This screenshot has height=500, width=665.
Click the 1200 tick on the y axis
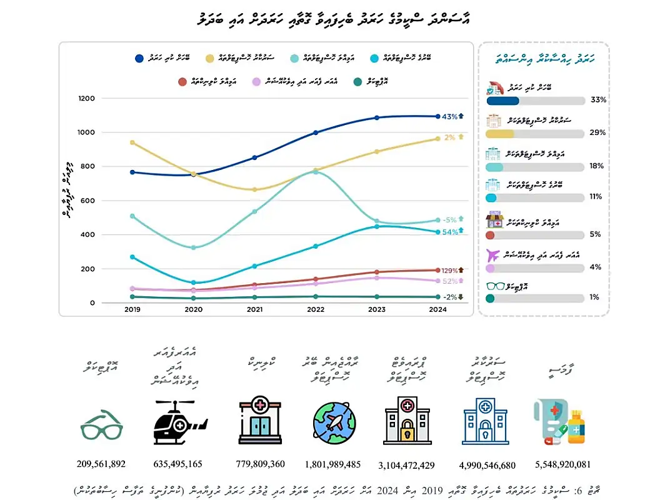tap(86, 98)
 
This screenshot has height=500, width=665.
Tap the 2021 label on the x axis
tap(254, 309)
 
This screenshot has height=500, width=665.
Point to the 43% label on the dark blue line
tap(449, 116)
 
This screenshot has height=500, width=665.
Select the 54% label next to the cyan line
tap(449, 232)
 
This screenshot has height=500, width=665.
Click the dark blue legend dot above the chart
tap(139, 58)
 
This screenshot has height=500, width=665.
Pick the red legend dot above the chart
tap(182, 81)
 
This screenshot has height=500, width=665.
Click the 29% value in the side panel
tap(597, 133)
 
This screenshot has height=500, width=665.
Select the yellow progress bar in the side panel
tap(500, 133)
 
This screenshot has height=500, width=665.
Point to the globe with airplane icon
tap(333, 422)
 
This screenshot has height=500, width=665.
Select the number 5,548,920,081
tap(562, 464)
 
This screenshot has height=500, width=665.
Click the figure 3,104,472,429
tap(406, 465)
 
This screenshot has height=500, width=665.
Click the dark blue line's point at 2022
tap(316, 132)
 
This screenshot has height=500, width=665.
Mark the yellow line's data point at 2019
tap(132, 142)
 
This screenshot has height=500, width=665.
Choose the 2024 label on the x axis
tap(438, 309)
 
